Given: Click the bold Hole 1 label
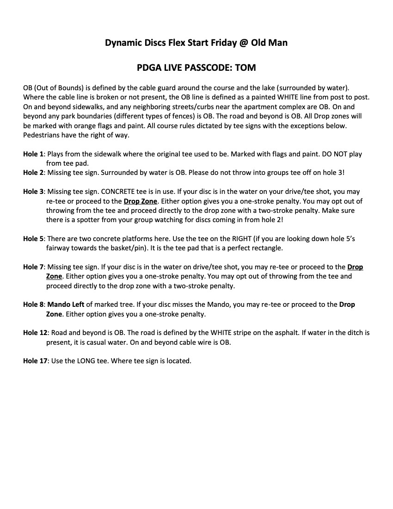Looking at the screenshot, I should pyautogui.click(x=33, y=154).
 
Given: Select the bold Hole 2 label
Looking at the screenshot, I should pyautogui.click(x=33, y=172).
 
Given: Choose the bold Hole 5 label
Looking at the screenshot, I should pyautogui.click(x=33, y=239).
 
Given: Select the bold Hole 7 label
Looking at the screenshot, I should pyautogui.click(x=33, y=267).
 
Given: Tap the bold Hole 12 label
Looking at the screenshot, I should pyautogui.click(x=35, y=333).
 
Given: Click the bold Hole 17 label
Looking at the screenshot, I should pyautogui.click(x=35, y=361).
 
